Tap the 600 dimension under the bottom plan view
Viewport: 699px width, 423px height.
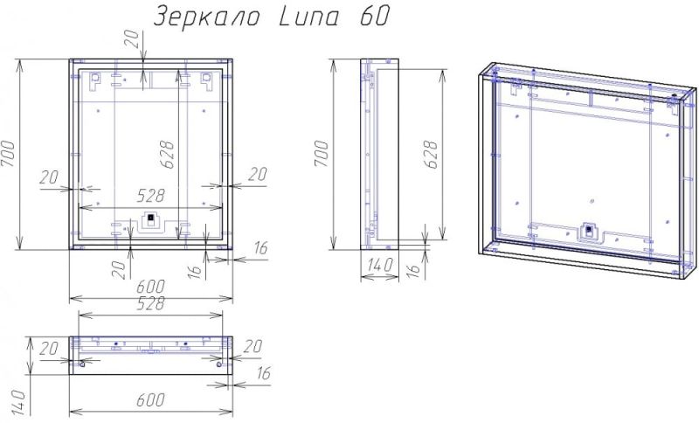(150, 400)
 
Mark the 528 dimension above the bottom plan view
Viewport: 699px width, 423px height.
(150, 303)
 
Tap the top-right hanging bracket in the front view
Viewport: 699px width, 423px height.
(207, 80)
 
